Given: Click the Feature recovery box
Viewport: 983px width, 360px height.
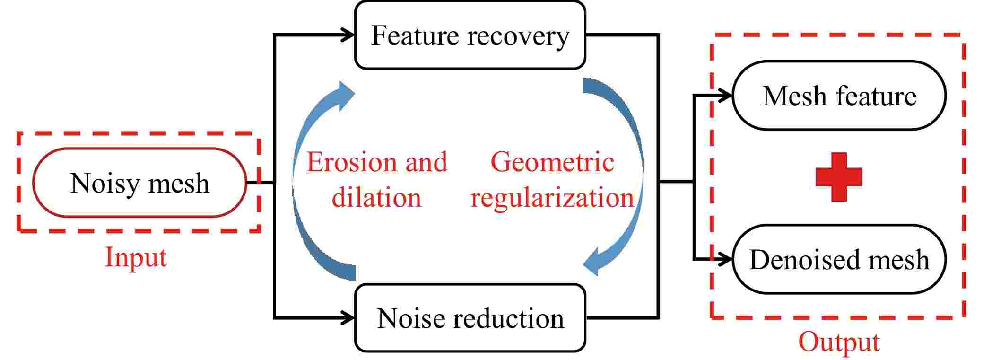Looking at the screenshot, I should [x=470, y=35].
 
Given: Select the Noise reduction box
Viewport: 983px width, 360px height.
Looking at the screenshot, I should [x=470, y=318].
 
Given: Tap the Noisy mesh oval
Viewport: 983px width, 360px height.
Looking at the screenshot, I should [x=139, y=183].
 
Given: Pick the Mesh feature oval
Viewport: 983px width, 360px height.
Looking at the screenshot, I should [x=839, y=96].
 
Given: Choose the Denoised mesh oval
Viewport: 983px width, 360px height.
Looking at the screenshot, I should [x=839, y=259].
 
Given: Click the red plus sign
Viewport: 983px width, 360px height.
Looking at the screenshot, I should [x=839, y=177].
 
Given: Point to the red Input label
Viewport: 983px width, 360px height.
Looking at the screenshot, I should [x=136, y=258].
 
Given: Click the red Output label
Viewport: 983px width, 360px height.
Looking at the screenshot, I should [x=839, y=342].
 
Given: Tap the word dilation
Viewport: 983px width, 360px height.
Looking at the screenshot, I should [x=376, y=197].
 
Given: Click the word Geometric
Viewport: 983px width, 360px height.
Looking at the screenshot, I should [x=552, y=162].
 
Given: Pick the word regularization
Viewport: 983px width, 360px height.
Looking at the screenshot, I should [x=552, y=198].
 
